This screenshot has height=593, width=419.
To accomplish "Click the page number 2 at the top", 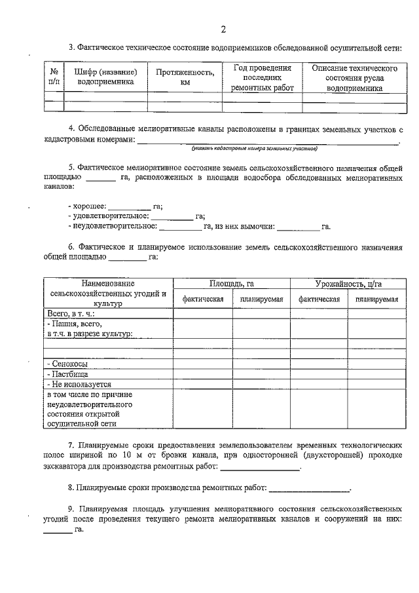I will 223,29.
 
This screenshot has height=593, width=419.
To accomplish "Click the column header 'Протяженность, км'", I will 185,77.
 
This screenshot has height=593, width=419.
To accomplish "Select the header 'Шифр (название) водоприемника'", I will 105,77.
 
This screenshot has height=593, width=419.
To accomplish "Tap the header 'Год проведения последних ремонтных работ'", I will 262,77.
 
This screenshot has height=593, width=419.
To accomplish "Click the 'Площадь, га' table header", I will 231,284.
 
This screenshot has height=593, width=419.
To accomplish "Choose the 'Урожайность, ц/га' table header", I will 347,284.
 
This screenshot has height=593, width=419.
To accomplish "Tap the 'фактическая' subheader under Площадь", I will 202,299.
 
